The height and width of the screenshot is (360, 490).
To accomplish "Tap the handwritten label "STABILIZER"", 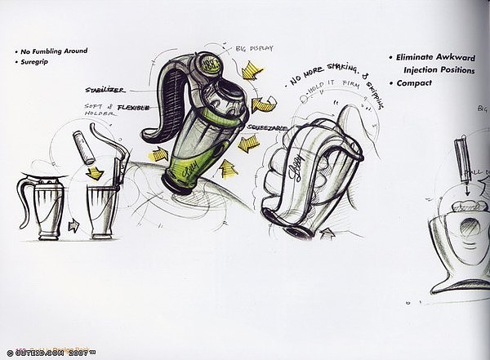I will click(104, 89).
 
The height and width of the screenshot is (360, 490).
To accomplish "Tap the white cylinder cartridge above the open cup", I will click(82, 149).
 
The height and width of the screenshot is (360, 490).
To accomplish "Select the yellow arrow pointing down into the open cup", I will click(97, 171).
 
